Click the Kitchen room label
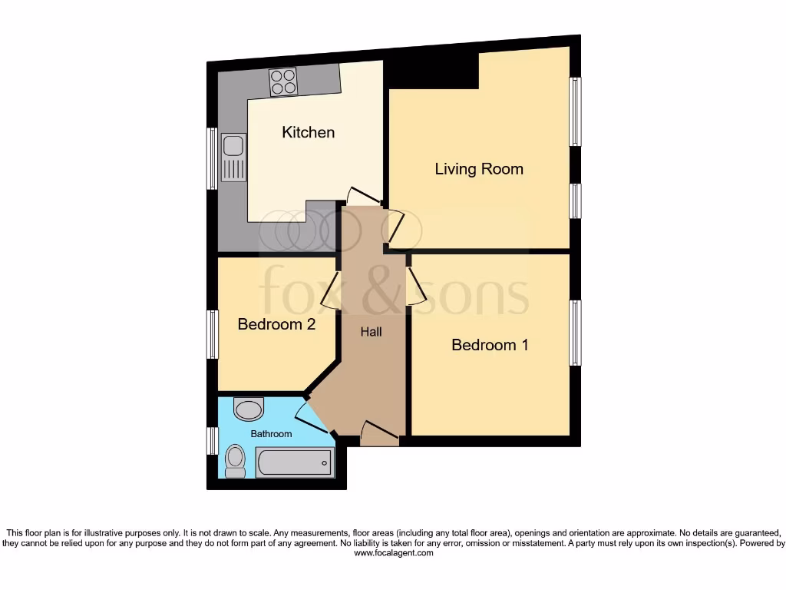point(309,132)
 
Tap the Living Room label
point(479,169)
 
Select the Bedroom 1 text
point(490,345)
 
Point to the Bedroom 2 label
point(276,324)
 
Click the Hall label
point(372,332)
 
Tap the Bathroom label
point(272,434)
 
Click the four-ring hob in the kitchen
point(283,81)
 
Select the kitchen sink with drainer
point(233,157)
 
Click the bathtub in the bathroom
point(295,462)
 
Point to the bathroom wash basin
point(249,409)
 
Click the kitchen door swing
point(361,197)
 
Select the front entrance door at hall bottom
point(379,433)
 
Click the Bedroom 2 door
point(330,290)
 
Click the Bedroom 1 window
point(574,333)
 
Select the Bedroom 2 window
point(213,334)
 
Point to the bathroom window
point(213,441)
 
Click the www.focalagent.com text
point(393,552)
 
